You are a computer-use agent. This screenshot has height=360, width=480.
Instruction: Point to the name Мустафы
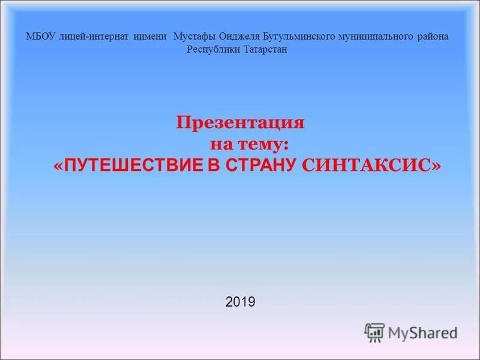(x=195, y=37)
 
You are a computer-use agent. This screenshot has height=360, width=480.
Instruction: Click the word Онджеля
(x=239, y=37)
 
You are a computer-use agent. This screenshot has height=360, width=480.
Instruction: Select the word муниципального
(x=377, y=37)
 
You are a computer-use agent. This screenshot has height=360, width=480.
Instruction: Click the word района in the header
(x=432, y=37)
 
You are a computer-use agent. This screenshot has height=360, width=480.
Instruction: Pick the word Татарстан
(x=266, y=49)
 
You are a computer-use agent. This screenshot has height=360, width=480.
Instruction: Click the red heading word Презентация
(x=241, y=123)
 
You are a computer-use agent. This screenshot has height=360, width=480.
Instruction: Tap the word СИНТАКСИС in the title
(x=366, y=166)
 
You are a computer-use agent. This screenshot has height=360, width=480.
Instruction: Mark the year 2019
(x=241, y=302)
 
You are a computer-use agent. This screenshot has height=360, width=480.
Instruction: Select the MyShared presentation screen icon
(x=374, y=332)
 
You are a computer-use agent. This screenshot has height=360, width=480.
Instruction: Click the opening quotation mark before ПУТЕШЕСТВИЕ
(x=58, y=166)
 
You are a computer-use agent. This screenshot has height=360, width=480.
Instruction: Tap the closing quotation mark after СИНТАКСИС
(x=436, y=166)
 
